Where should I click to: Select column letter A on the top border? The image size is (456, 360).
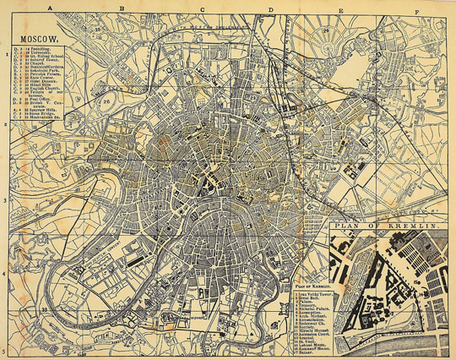click(51, 8)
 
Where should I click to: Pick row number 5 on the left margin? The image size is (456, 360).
click(4, 350)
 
